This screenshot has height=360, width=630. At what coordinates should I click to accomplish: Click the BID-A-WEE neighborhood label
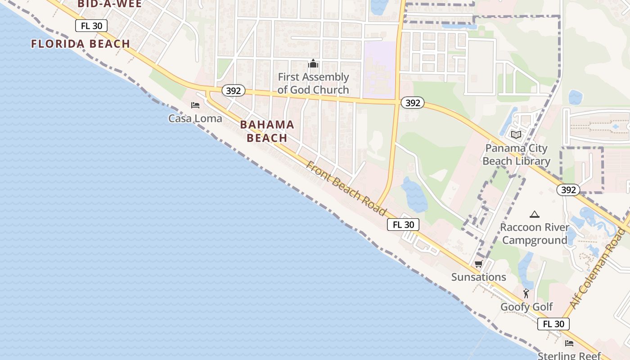coord(109,4)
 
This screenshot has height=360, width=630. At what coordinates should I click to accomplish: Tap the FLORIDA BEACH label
coord(81,44)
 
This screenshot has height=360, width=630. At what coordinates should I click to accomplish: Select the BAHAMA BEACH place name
coord(267,131)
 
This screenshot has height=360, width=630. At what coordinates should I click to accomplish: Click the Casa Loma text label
coord(195,118)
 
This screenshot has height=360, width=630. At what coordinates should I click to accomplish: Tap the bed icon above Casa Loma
coord(195,105)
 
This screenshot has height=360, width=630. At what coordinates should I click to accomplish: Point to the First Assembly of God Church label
coord(313,83)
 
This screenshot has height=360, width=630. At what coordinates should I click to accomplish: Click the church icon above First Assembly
coord(313,64)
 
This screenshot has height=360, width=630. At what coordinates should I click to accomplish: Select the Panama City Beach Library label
coord(516,154)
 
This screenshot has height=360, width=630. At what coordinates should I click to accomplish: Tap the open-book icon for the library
coord(516,135)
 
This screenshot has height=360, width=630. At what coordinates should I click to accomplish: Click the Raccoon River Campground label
coord(535,234)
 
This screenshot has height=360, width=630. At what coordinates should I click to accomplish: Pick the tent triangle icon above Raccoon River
coord(535,215)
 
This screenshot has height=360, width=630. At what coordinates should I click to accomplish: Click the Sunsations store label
coord(479,277)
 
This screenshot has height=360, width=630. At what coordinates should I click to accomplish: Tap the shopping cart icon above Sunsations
coord(479,264)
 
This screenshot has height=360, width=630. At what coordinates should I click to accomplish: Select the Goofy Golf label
coord(526,307)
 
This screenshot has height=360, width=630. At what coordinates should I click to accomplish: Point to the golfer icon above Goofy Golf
coord(526,294)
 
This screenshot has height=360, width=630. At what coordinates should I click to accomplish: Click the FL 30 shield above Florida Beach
coord(91,26)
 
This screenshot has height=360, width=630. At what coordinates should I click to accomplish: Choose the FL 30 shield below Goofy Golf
coord(553,324)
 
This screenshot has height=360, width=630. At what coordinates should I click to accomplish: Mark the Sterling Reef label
coord(569,355)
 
